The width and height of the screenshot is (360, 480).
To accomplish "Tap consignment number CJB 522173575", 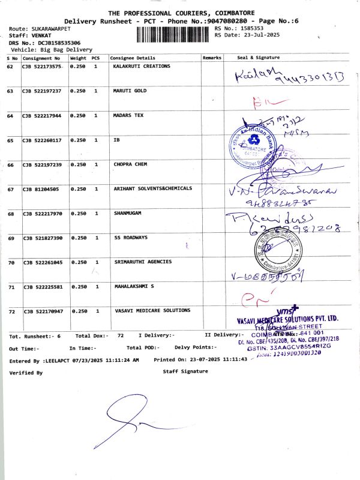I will [42, 67].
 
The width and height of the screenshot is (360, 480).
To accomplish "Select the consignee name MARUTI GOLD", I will [130, 91].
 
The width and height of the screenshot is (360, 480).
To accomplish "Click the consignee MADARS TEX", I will [128, 115].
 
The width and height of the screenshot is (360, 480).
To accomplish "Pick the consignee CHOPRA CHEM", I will [130, 164].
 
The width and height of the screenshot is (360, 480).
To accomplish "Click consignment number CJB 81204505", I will [40, 189].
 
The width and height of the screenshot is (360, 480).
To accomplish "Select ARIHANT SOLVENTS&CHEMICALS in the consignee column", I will [153, 188].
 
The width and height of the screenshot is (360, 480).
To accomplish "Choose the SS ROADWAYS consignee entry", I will [130, 238].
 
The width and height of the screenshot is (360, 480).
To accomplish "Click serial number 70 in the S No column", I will [10, 263].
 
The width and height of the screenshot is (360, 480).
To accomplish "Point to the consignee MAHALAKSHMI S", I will [134, 287].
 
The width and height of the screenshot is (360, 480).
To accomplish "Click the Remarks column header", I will [212, 58].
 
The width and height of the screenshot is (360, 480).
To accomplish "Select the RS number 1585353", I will [251, 28].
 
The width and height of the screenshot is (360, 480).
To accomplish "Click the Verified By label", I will [26, 373].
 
